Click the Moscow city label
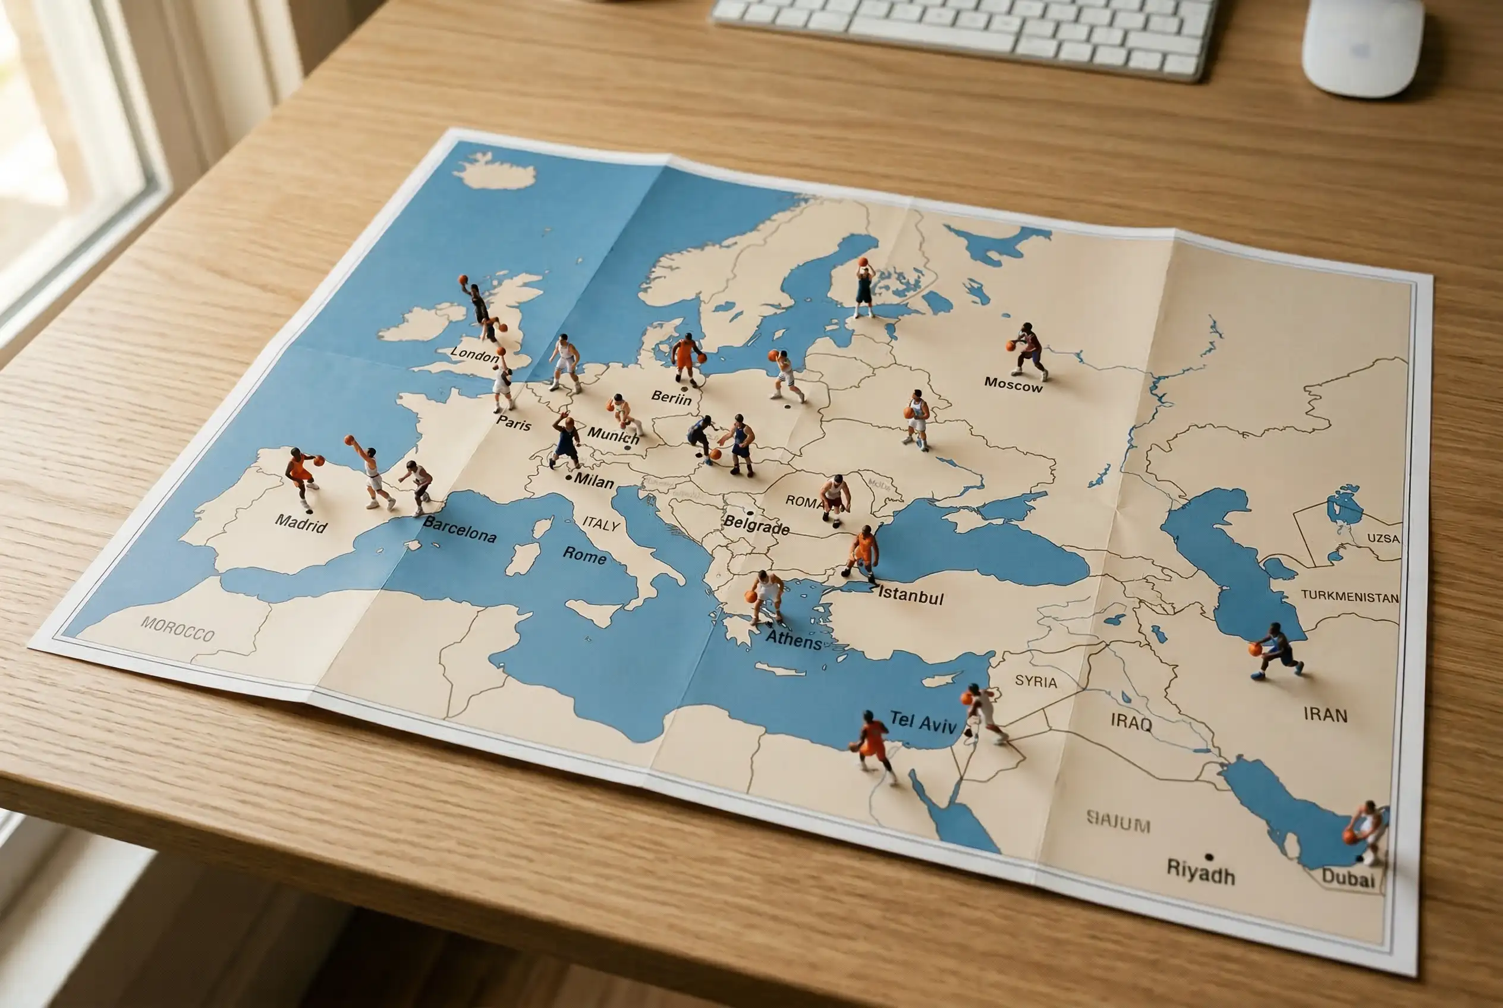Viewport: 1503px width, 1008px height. pos(1013,385)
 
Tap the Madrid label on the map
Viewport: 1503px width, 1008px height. pos(301,523)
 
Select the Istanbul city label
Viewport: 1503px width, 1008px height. pos(911,596)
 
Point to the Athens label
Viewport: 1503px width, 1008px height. pos(794,640)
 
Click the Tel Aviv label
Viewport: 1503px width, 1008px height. pos(923,722)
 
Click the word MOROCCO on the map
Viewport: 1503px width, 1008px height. pos(178,629)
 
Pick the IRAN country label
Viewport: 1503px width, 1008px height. pos(1325,714)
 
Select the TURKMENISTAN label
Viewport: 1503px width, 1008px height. pos(1349,597)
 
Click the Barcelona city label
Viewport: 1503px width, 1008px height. pos(459,529)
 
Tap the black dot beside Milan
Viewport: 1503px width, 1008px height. pos(568,478)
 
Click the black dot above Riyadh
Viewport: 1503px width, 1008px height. pos(1209,857)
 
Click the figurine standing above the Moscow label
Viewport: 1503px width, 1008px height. pos(1028,350)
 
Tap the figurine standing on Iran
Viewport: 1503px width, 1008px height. pos(1276,651)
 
